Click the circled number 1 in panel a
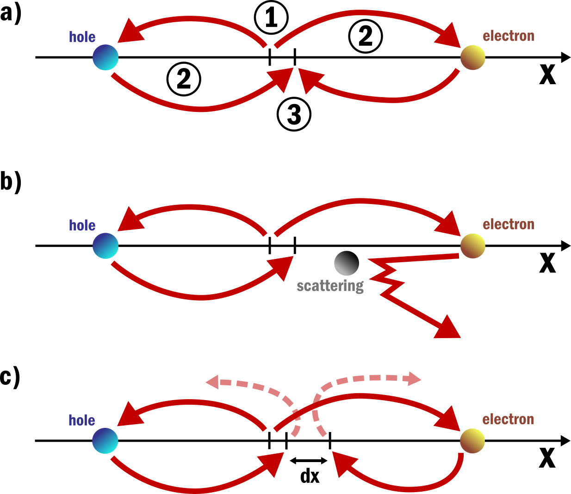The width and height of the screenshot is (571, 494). pyautogui.click(x=271, y=18)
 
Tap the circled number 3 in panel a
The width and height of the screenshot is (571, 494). pyautogui.click(x=294, y=114)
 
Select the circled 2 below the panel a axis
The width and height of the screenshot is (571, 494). pyautogui.click(x=184, y=79)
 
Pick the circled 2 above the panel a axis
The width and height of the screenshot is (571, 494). pyautogui.click(x=365, y=36)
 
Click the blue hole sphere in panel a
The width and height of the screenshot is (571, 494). pyautogui.click(x=106, y=57)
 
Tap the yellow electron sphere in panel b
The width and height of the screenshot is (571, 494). pyautogui.click(x=472, y=246)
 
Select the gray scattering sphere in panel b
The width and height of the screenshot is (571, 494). pyautogui.click(x=347, y=263)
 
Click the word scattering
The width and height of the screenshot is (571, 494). pyautogui.click(x=330, y=286)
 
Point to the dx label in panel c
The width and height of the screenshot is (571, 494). pyautogui.click(x=310, y=476)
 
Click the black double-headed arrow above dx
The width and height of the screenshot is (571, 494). pyautogui.click(x=309, y=460)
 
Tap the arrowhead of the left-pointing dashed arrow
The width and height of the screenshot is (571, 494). pyautogui.click(x=212, y=382)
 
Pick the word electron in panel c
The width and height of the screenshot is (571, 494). pyautogui.click(x=508, y=420)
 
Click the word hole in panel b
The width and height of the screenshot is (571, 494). pyautogui.click(x=82, y=225)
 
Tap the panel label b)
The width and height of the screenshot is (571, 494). pyautogui.click(x=11, y=181)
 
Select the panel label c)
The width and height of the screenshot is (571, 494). pyautogui.click(x=10, y=377)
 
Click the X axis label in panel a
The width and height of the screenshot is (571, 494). pyautogui.click(x=547, y=74)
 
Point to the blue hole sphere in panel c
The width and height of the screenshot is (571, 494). pyautogui.click(x=105, y=440)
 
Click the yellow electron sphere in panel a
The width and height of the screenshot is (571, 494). pyautogui.click(x=472, y=57)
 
